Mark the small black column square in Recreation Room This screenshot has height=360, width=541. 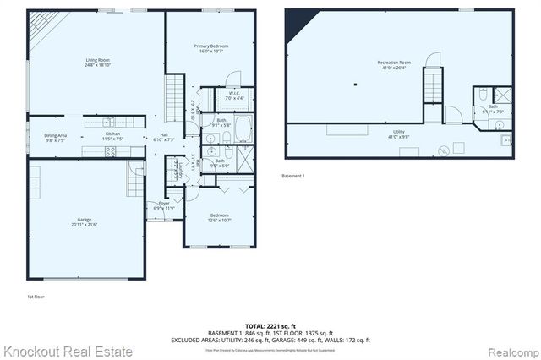pos(357,84)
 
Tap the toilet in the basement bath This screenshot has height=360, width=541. pos(479,92)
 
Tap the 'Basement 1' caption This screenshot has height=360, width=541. pos(292,176)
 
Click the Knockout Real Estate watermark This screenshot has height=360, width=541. pos(68,351)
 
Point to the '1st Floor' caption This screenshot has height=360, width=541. pos(35,297)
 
